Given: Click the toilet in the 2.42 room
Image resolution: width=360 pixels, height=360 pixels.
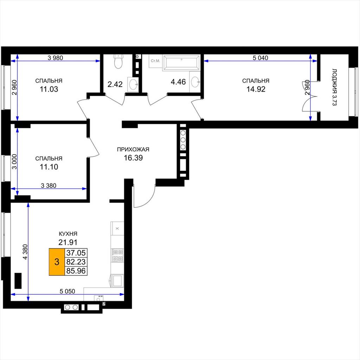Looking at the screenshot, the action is coord(118,61).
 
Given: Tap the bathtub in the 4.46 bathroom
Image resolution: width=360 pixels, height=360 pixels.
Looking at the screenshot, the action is coord(181,63).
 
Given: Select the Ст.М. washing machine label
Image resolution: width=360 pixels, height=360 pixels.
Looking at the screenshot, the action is coord(155,61).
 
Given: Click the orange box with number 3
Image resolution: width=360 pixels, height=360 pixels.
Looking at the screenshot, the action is coord(57,262).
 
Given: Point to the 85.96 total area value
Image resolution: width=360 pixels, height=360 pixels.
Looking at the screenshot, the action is coord(76,271).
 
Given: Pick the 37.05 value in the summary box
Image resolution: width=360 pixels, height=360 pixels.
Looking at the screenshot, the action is coord(76,253).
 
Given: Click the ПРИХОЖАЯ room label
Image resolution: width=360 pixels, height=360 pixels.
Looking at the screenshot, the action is coord(133,149).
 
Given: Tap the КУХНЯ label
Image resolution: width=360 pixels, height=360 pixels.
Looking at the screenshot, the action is coord(68,234).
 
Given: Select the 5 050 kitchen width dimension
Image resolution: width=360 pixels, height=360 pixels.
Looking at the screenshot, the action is coord(67,291).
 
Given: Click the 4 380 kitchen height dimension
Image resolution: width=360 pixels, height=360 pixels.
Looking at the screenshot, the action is coord(25,252).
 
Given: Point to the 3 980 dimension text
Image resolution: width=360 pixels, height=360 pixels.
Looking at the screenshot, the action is coord(55,58).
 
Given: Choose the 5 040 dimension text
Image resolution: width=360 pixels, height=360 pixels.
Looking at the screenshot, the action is coord(261,58).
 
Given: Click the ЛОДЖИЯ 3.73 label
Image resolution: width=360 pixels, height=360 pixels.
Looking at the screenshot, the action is coord(334,87).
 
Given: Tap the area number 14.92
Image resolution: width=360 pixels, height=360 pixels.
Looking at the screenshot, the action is coord(256,89).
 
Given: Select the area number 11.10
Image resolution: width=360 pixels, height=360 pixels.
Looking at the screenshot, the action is coord(49,167).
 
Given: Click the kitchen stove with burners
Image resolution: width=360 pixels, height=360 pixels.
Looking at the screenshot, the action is coord(117,255).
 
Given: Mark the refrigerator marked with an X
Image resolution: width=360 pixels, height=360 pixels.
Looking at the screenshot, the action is coord(117,229).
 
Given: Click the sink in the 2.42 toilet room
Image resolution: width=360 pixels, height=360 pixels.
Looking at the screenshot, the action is coord(133,84).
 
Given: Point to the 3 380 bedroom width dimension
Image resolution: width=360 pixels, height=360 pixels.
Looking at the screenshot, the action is coord(49,186).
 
